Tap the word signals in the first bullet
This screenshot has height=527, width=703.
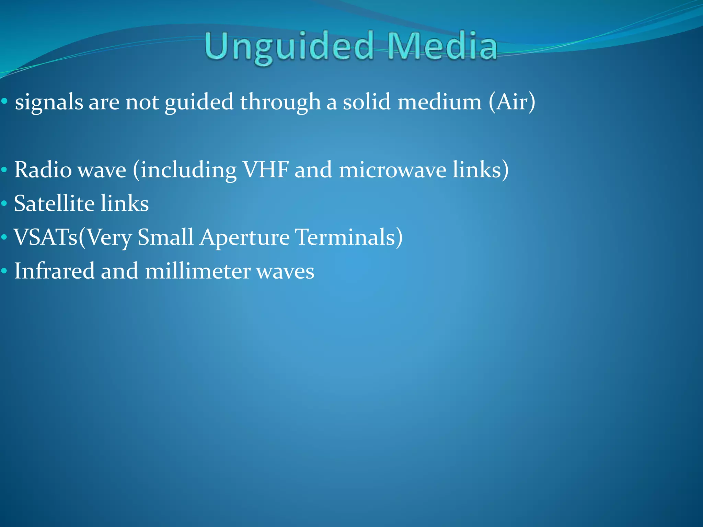coord(49,102)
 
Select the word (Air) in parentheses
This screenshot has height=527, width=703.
coord(512,102)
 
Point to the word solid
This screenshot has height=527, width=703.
coord(366,102)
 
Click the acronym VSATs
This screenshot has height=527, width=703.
coord(46,237)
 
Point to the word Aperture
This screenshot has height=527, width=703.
coord(244,237)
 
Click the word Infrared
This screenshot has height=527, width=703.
coord(54,271)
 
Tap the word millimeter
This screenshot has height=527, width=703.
coord(198,271)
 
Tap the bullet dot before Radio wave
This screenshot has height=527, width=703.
coord(4,170)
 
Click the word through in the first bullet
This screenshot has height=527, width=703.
coord(280,102)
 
